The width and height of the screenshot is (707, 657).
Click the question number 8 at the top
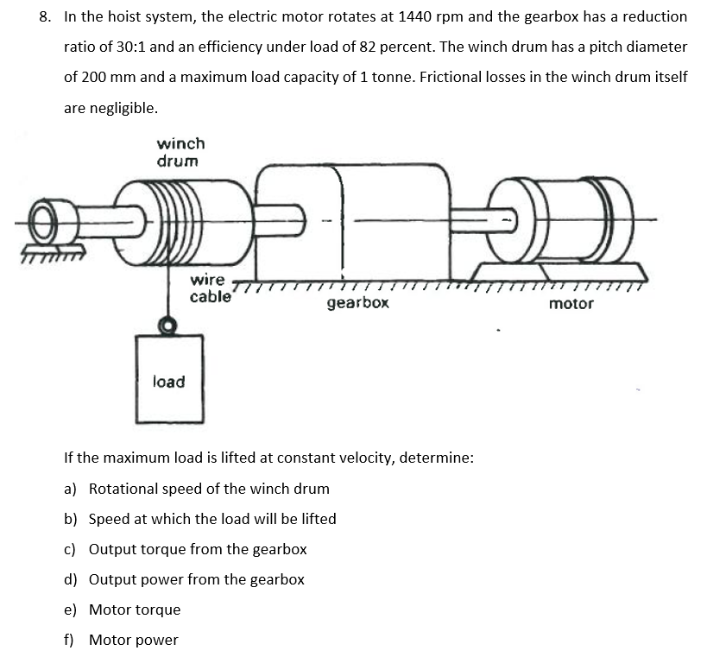tap(46, 16)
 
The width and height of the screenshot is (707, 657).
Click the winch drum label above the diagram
tap(180, 152)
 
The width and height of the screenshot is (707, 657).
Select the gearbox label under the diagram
tap(357, 303)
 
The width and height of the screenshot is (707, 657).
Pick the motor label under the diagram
tap(571, 303)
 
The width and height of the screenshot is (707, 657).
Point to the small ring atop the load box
tap(169, 325)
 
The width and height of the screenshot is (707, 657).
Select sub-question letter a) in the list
tap(70, 489)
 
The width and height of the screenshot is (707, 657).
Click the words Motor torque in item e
tap(135, 610)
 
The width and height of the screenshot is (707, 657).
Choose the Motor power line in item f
tap(134, 640)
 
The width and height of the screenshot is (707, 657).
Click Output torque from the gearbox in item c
tap(198, 549)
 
